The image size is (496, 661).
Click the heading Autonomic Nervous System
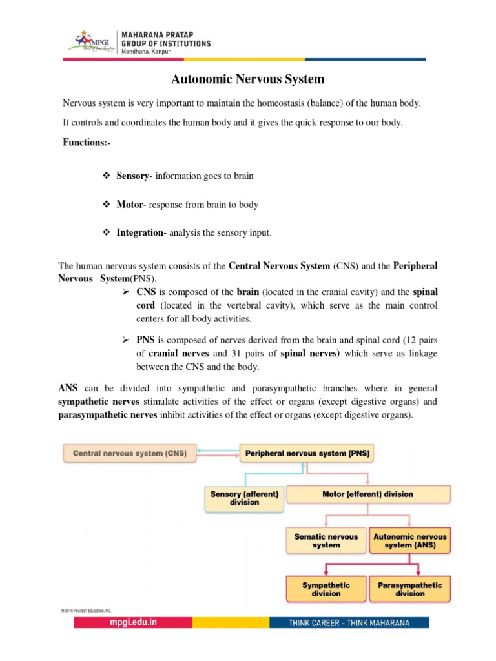click(247, 80)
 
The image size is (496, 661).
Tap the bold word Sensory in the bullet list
click(132, 176)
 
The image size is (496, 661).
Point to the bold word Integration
click(139, 233)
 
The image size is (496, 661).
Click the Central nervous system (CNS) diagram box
click(129, 454)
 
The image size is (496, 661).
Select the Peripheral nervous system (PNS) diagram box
click(307, 454)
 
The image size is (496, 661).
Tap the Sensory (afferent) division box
click(244, 498)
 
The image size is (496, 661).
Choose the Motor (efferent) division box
click(367, 494)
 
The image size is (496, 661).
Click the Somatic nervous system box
click(325, 541)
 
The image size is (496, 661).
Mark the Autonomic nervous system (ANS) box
click(409, 541)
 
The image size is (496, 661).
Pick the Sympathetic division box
click(325, 589)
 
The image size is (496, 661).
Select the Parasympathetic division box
click(409, 589)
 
